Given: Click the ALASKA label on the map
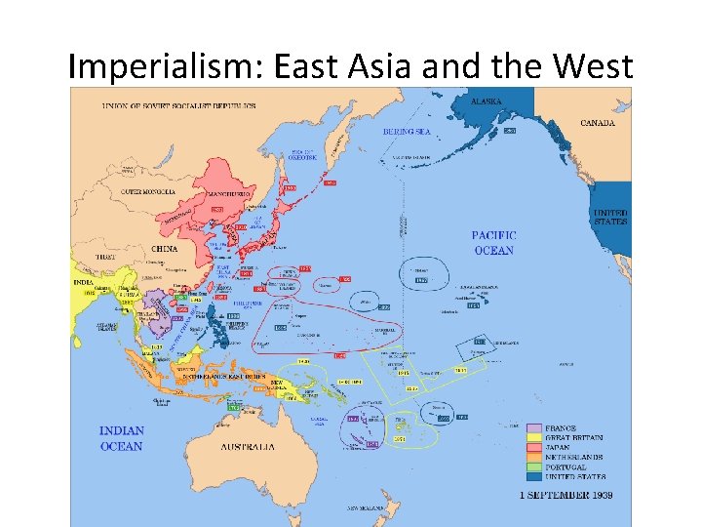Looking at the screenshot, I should (487, 101).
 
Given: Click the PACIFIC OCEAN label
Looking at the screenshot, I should (493, 243).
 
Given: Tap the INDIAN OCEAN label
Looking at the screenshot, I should (122, 438).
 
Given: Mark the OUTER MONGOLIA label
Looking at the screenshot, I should (148, 191).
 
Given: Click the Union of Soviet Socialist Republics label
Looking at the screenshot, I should (177, 105).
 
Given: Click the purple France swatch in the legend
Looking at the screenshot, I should (534, 427).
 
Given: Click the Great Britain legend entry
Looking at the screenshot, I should (577, 437).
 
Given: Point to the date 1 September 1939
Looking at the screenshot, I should (565, 496).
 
